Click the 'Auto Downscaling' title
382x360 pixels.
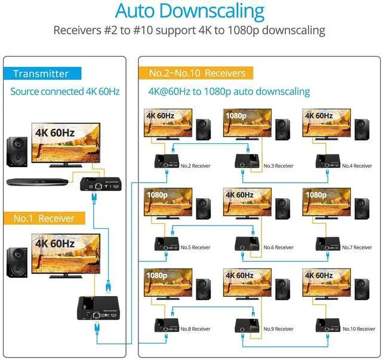click(x=189, y=11)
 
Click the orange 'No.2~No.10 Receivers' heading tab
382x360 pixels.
click(x=197, y=73)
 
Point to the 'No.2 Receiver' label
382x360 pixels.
click(x=195, y=165)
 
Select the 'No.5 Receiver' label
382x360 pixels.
click(x=195, y=247)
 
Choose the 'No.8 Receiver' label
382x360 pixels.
click(x=195, y=329)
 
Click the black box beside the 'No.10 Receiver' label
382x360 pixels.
click(x=326, y=326)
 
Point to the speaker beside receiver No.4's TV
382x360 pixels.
click(x=361, y=129)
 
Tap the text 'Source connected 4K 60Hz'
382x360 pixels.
click(x=64, y=91)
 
